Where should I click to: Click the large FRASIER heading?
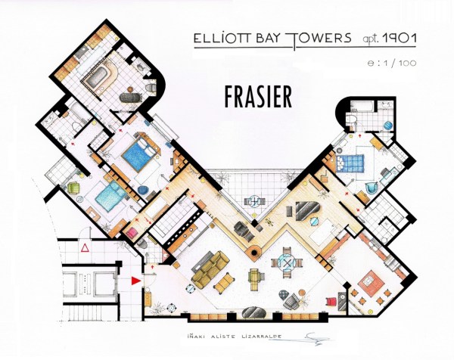click(x=258, y=95)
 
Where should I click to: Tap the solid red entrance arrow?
click(x=135, y=281)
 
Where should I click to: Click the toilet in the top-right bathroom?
click(x=352, y=120)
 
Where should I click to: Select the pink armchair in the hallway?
click(x=131, y=233)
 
